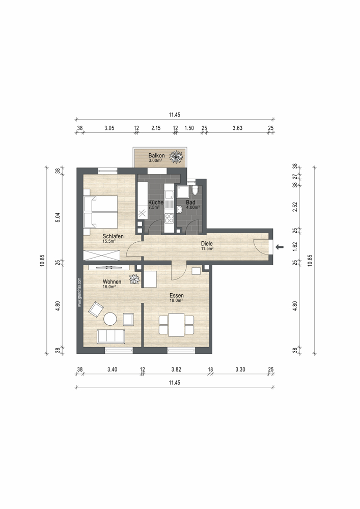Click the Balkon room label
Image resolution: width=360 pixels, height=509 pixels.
pyautogui.click(x=156, y=155)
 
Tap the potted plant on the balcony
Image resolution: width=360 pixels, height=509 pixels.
pyautogui.click(x=177, y=156)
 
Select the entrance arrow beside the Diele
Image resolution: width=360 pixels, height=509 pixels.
pyautogui.click(x=279, y=247)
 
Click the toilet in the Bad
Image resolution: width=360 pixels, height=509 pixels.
pyautogui.click(x=195, y=190)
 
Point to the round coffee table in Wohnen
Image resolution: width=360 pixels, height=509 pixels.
pyautogui.click(x=110, y=319)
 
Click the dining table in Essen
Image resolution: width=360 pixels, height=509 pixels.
pyautogui.click(x=176, y=325)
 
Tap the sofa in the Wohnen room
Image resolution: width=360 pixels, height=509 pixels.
pyautogui.click(x=110, y=336)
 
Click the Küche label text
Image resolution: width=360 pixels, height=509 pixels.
pyautogui.click(x=156, y=202)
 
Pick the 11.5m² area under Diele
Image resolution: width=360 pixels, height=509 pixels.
pyautogui.click(x=207, y=249)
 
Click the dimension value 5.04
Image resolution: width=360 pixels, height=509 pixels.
pyautogui.click(x=58, y=217)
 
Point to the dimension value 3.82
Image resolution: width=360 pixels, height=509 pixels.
pyautogui.click(x=176, y=370)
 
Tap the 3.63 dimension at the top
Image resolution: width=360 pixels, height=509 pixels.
pyautogui.click(x=237, y=128)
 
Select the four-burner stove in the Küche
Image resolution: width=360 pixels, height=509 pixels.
pyautogui.click(x=169, y=218)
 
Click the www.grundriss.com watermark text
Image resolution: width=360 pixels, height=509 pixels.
pyautogui.click(x=79, y=292)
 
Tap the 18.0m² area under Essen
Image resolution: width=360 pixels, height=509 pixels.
pyautogui.click(x=176, y=301)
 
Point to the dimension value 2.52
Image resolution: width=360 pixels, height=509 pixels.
pyautogui.click(x=295, y=207)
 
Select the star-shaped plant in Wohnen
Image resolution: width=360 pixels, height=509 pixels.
pyautogui.click(x=134, y=279)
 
